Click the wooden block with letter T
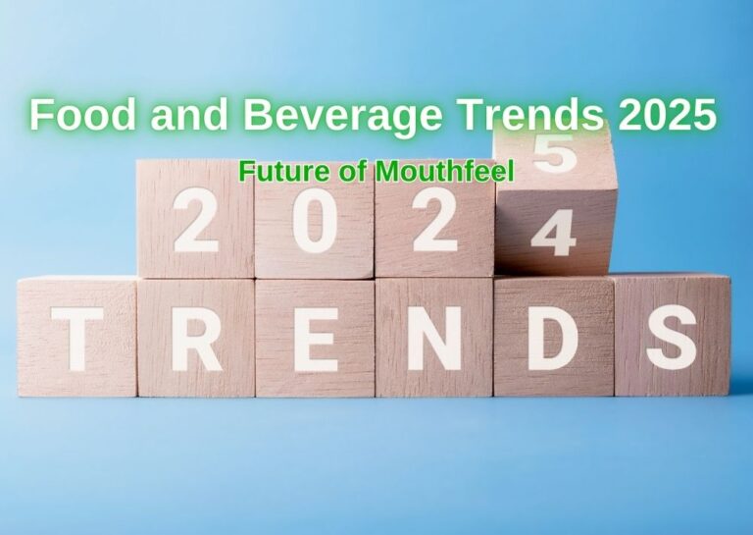[75, 337]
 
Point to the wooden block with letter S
[673, 337]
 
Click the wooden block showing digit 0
[314, 221]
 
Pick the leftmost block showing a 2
[195, 221]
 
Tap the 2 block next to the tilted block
[433, 221]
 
